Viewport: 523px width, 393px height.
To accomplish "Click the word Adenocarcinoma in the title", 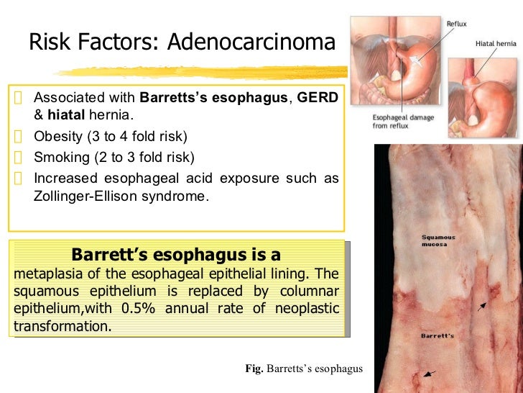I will (251, 43).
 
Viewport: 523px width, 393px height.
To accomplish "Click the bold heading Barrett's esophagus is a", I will (176, 255).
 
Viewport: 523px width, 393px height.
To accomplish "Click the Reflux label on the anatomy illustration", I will (456, 24).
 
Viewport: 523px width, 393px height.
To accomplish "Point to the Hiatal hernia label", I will (496, 43).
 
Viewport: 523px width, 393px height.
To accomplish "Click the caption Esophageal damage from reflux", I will (402, 122).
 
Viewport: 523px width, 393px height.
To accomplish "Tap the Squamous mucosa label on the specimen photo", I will (438, 240).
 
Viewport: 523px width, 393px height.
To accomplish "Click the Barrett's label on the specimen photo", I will (437, 336).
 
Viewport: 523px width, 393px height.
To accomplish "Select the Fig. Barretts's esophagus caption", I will (304, 369).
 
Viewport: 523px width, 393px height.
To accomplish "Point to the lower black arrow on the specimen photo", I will (429, 373).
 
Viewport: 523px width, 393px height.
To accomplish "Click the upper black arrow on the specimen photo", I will (482, 306).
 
